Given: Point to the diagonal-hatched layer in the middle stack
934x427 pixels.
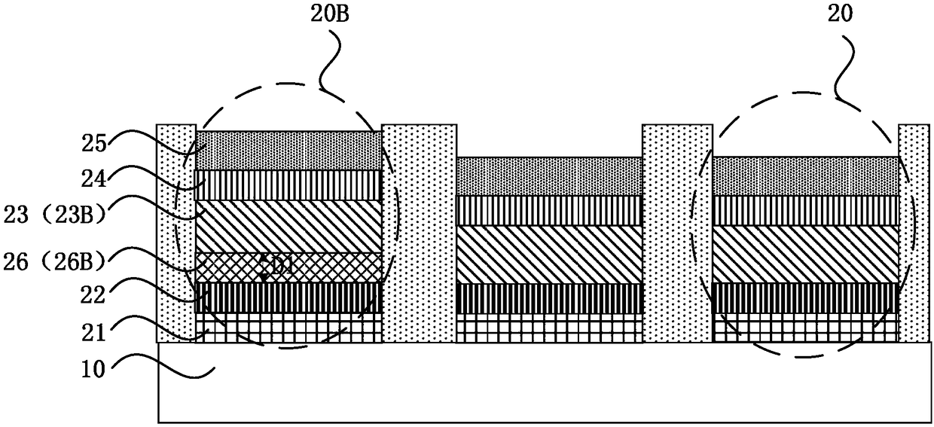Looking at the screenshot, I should pos(549,255).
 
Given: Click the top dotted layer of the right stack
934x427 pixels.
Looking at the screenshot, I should pos(805,176).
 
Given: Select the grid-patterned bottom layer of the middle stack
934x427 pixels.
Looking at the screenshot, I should pos(549,328).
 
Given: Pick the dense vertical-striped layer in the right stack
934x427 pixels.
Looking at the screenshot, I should pos(805,298).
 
